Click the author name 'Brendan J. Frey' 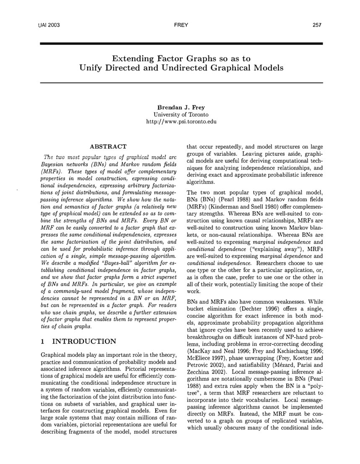point(181,107)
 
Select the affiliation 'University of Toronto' point(181,115)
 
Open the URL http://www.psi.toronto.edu point(181,122)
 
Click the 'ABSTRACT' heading point(108,147)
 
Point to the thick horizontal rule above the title point(181,43)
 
